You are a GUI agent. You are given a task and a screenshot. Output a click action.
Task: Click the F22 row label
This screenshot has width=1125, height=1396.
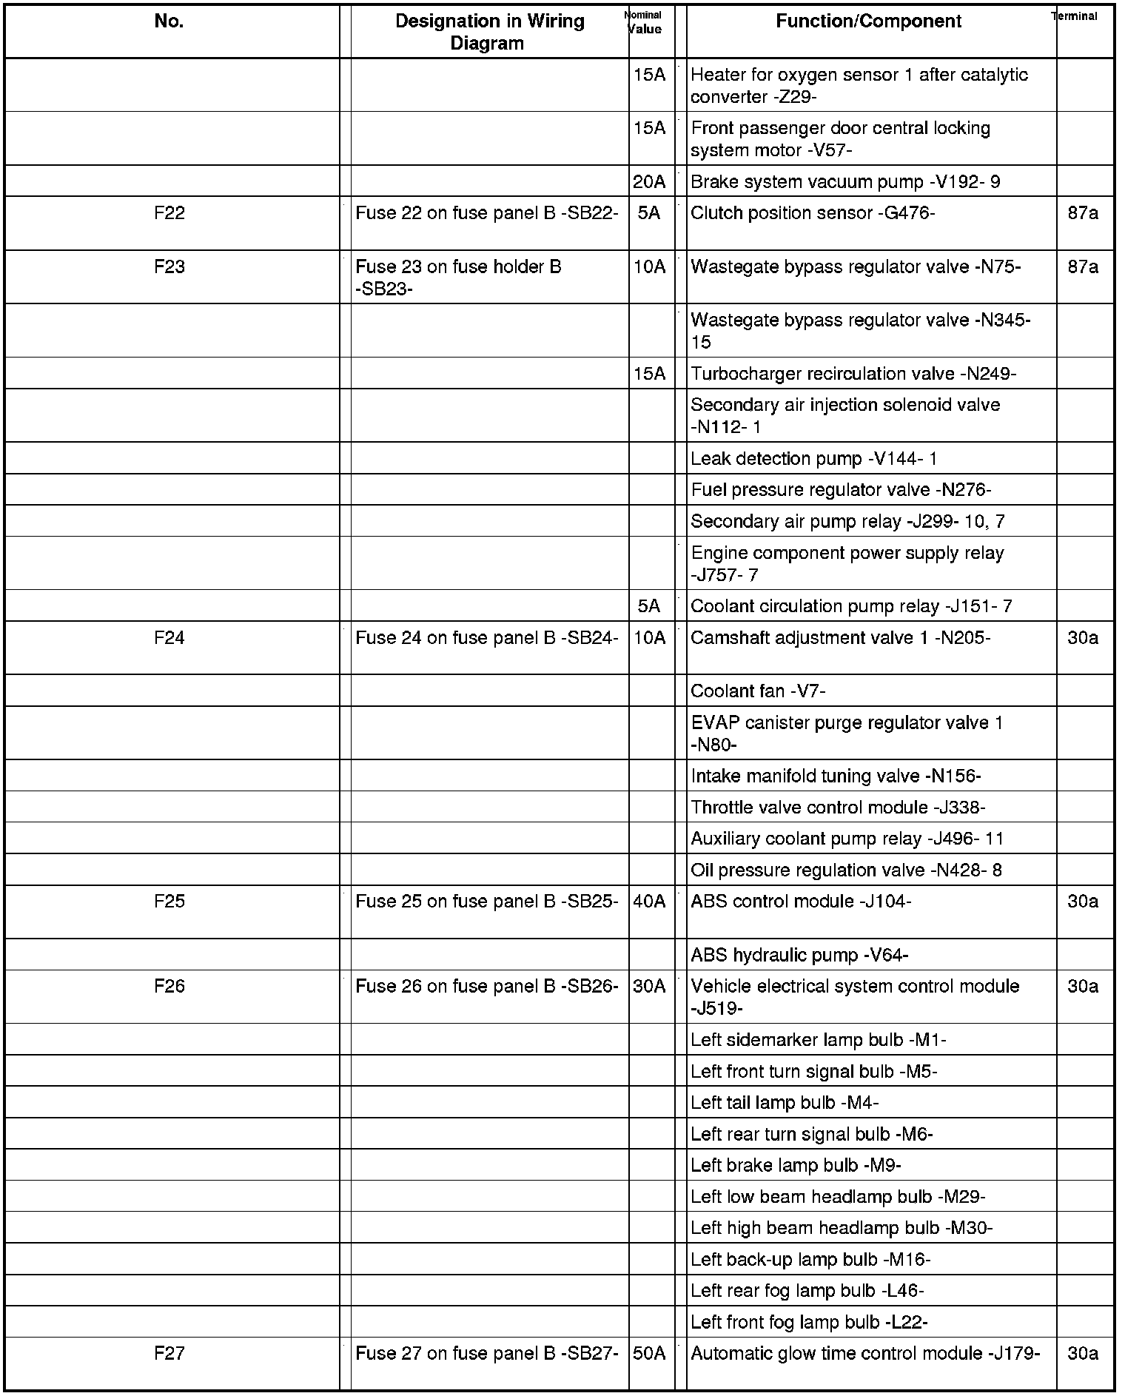169,213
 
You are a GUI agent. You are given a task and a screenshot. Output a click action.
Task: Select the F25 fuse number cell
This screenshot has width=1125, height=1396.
169,902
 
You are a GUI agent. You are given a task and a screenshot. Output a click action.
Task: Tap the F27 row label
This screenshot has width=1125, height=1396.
169,1354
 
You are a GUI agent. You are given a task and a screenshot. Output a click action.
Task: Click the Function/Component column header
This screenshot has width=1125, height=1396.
868,21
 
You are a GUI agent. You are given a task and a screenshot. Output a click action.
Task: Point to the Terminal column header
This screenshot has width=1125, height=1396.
1075,16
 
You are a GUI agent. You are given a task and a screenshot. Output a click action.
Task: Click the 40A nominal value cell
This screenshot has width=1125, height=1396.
649,902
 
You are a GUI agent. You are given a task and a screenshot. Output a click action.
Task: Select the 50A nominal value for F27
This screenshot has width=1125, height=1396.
649,1354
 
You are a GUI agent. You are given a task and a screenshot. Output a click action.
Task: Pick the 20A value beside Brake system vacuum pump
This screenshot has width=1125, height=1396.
649,181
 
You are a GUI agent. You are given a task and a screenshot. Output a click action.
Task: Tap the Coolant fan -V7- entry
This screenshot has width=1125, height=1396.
758,691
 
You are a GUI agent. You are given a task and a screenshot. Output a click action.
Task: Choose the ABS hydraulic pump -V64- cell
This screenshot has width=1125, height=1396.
799,956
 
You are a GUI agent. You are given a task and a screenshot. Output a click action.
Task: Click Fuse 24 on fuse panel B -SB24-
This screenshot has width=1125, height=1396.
486,638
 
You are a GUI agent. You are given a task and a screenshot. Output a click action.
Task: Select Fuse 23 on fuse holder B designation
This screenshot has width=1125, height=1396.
459,277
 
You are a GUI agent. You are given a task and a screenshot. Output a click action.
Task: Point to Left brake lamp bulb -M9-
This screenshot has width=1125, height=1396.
796,1166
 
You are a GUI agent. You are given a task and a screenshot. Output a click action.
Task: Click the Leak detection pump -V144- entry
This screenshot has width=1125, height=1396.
814,459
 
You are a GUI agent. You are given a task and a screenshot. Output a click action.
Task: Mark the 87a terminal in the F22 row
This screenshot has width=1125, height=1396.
1083,213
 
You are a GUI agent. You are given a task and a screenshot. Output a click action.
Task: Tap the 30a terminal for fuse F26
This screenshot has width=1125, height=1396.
1083,987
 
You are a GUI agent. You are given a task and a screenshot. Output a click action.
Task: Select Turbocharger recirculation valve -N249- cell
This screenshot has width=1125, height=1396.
853,375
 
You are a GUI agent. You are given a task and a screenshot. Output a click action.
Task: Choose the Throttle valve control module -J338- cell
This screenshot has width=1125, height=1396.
838,808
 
